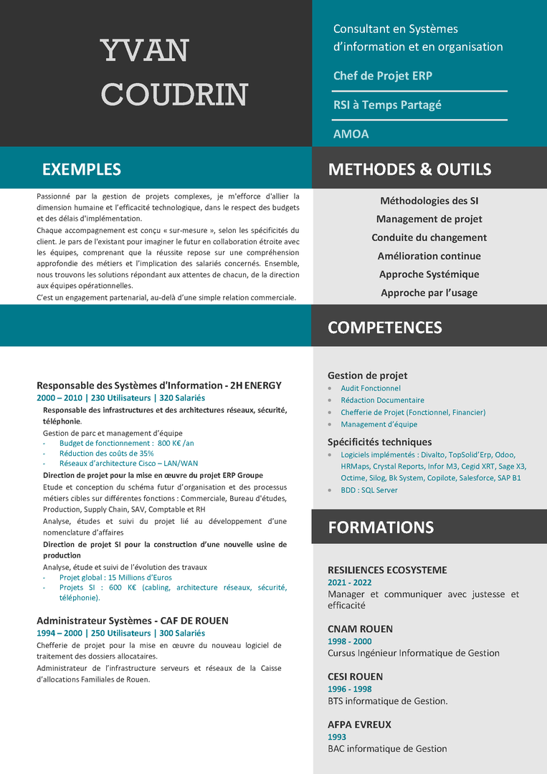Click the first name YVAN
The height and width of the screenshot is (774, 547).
[x=145, y=51]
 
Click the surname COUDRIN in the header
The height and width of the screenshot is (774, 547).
[x=175, y=95]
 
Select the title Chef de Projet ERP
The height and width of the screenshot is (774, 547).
[x=382, y=76]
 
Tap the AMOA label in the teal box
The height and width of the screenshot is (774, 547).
[x=351, y=134]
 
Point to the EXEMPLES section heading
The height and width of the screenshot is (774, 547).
[x=82, y=170]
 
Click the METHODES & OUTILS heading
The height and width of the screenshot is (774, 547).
[x=409, y=170]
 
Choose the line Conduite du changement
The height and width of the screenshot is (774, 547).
[x=429, y=237]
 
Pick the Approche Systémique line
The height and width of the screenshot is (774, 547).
[x=429, y=274]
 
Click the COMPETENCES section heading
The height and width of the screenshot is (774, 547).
[x=384, y=328]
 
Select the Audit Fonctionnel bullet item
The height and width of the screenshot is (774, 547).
[x=370, y=388]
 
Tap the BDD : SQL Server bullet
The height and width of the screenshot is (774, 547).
[x=368, y=490]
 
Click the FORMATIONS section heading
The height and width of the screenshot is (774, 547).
[x=381, y=527]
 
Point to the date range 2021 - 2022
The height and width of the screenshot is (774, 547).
[x=350, y=583]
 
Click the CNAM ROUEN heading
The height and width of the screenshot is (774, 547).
[x=360, y=629]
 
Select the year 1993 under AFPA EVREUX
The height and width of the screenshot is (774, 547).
[x=337, y=737]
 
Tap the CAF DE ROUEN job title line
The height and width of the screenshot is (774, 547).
[x=133, y=621]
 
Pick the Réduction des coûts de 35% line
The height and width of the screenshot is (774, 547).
[x=106, y=453]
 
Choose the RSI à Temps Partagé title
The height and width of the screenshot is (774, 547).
[x=387, y=105]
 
